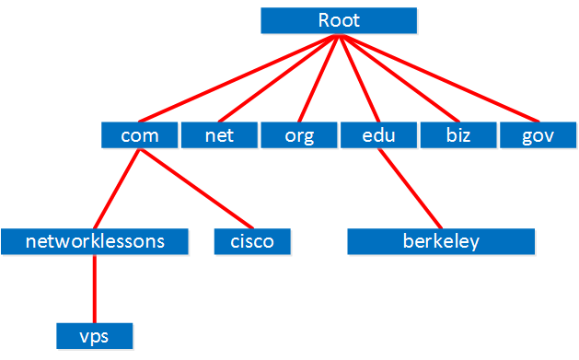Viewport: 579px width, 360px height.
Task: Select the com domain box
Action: click(140, 136)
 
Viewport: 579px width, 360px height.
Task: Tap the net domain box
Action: click(219, 136)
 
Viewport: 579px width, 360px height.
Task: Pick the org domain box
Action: click(298, 136)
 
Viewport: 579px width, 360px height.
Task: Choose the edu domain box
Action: click(378, 136)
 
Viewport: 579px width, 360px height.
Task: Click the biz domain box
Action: click(457, 136)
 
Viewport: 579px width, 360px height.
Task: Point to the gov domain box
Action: click(537, 136)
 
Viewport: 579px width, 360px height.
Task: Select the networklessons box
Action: click(95, 241)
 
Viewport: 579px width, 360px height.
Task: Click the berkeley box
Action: click(441, 241)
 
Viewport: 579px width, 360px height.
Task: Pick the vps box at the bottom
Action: click(95, 335)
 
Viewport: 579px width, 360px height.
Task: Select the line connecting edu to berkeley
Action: click(410, 189)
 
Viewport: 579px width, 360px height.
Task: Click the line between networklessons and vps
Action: click(95, 288)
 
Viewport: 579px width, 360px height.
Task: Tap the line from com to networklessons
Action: click(118, 189)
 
